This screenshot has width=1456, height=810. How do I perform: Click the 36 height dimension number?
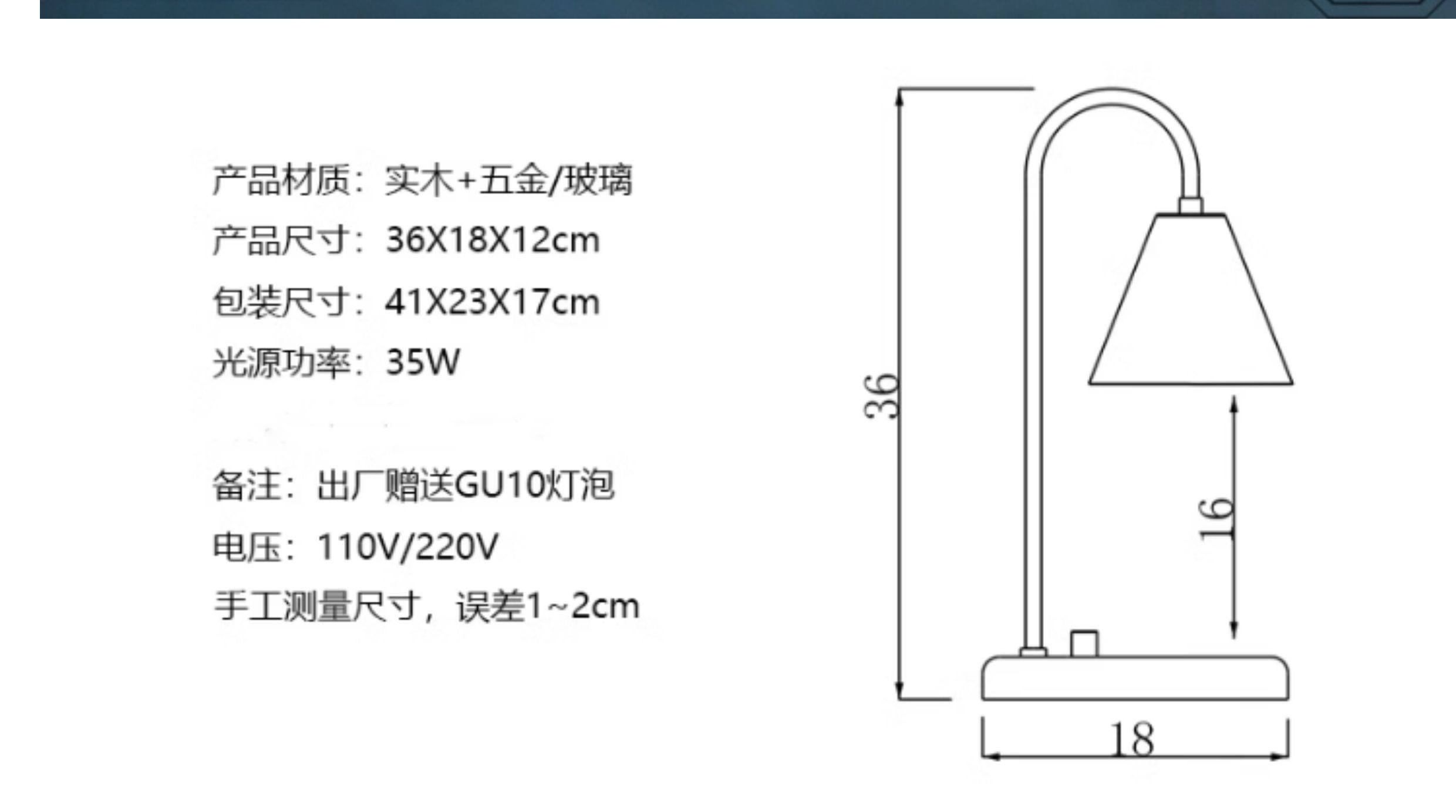point(882,396)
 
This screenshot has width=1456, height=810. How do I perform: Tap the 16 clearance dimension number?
point(1216,518)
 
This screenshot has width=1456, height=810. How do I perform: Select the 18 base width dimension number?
point(1132,740)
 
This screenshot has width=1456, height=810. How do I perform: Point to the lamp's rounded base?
point(1135,679)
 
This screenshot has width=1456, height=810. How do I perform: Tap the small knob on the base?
point(1084,643)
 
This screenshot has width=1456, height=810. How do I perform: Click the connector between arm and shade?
point(1191,206)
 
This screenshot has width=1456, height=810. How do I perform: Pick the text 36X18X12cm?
point(493,241)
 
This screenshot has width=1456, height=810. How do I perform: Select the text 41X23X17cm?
point(493,302)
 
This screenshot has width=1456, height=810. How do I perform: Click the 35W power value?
point(423,362)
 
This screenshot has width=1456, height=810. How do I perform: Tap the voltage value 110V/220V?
point(407,546)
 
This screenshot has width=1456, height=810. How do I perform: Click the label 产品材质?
point(281,180)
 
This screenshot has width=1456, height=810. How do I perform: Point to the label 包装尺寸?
point(281,302)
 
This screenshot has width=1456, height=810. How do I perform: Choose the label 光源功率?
point(281,362)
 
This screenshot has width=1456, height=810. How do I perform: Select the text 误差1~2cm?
point(548,606)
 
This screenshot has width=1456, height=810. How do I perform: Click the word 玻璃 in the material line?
point(598,180)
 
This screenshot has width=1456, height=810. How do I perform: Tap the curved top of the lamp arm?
point(1111,97)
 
